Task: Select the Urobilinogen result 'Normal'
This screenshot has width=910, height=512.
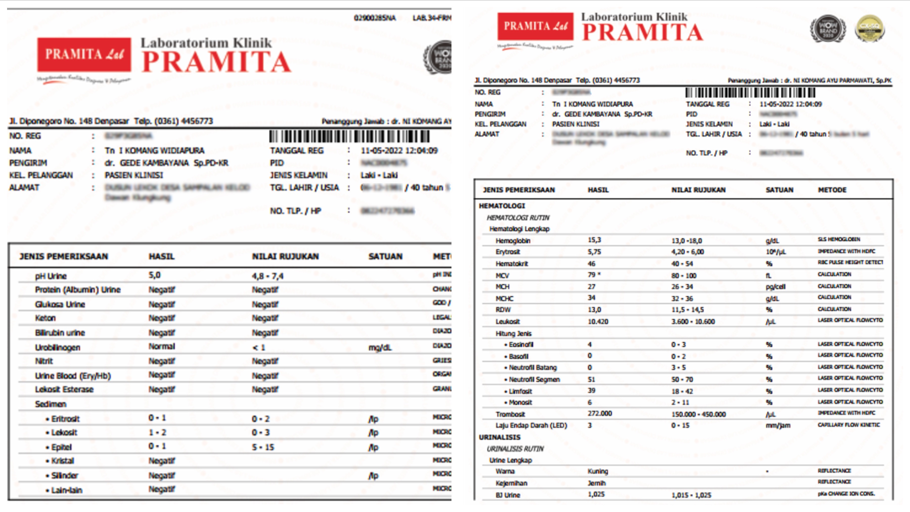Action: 162,346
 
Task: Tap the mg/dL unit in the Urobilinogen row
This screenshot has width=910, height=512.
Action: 380,348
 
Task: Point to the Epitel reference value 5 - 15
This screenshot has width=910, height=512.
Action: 263,447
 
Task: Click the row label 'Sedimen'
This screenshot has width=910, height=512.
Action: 51,404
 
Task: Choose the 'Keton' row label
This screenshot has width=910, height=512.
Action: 45,318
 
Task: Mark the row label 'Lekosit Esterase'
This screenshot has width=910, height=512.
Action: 64,389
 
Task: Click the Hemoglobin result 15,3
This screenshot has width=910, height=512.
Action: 594,240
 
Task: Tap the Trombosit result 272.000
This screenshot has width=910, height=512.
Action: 600,413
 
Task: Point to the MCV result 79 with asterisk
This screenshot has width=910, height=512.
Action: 594,275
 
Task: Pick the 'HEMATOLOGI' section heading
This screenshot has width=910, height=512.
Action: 502,206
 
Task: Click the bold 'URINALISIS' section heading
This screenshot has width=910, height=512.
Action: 499,437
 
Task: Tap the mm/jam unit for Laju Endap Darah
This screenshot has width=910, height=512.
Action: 778,426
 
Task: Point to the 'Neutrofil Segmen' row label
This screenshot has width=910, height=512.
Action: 534,380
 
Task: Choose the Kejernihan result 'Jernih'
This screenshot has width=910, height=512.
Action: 596,483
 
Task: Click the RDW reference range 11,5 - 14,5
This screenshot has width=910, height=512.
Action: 688,309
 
